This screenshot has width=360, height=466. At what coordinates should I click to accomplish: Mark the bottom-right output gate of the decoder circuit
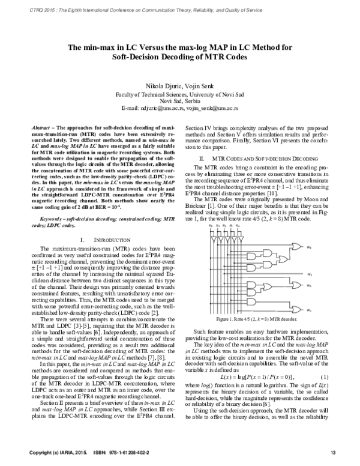[295, 308]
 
